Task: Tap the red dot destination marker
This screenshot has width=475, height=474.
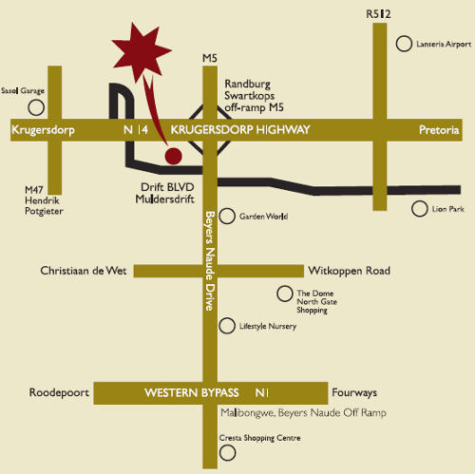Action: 174,156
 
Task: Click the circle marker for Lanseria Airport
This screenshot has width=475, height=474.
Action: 404,44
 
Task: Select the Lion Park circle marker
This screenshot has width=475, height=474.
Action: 420,209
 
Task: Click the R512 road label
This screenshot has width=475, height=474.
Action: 378,14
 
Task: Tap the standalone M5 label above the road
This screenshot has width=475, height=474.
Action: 210,58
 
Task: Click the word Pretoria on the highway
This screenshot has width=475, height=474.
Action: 439,130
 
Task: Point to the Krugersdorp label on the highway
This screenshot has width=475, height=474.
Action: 43,130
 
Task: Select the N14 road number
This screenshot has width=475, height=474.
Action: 136,130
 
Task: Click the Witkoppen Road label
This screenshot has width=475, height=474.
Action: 349,271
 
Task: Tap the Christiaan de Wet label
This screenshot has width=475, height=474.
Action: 84,271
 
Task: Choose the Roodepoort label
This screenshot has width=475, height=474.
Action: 59,392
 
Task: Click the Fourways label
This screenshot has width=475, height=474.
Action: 354,392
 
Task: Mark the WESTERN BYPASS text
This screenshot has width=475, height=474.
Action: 192,392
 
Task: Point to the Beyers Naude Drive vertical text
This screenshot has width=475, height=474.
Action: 210,261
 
